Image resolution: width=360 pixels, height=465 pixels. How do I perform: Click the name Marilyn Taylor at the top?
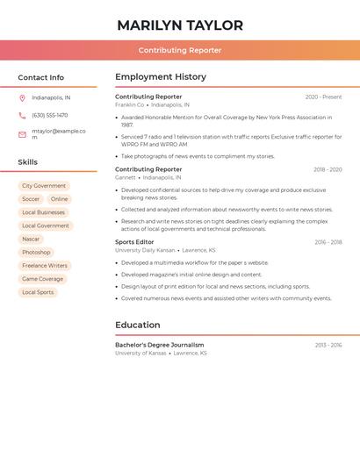180,25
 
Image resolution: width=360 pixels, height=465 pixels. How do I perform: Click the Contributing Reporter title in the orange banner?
180,50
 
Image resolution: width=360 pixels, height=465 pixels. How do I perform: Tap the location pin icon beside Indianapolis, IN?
22,98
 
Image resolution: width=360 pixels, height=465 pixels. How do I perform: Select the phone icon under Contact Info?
22,115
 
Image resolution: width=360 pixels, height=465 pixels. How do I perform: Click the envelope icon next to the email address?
22,134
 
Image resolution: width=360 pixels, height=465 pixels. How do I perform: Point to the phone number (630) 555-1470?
49,115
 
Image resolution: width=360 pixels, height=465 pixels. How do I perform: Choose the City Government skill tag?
44,186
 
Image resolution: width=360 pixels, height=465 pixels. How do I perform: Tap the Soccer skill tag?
31,199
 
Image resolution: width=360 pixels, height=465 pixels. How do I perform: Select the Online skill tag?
59,199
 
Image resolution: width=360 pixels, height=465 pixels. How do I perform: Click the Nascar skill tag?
31,239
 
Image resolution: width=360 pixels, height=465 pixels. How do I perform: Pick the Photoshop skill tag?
36,252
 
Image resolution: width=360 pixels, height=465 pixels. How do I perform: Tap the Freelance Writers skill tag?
45,265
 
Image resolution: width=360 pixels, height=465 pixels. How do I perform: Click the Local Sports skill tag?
38,292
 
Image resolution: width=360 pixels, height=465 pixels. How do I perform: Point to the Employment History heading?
161,77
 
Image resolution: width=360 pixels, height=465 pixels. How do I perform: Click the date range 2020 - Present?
323,97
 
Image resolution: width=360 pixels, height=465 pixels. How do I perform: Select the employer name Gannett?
126,177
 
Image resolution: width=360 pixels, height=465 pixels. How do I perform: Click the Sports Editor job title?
134,242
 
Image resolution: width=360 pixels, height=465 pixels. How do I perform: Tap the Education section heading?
137,325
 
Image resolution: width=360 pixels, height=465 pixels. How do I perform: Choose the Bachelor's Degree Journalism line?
159,345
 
